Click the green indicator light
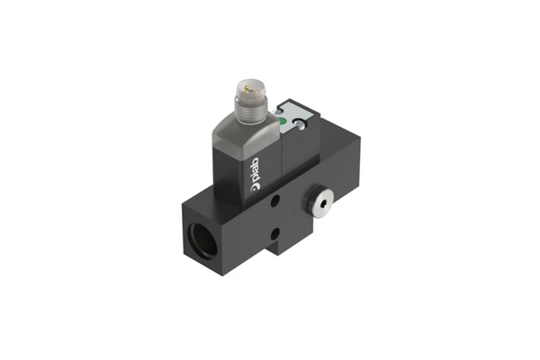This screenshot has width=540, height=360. pyautogui.click(x=283, y=121)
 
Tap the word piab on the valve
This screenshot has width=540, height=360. pyautogui.click(x=255, y=169)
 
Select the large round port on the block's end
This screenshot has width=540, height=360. pyautogui.click(x=203, y=240)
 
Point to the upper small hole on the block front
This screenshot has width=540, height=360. pyautogui.click(x=274, y=201)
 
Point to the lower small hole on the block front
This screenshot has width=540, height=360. pyautogui.click(x=274, y=235)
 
